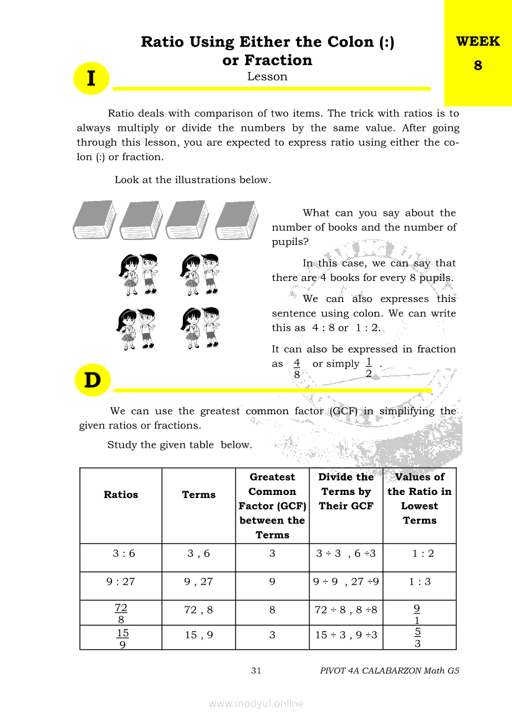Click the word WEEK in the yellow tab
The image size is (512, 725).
point(477,42)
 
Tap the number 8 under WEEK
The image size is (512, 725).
point(478,65)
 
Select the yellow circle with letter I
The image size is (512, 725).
point(92,79)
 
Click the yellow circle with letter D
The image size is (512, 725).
point(92,380)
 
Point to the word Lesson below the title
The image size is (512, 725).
point(267,77)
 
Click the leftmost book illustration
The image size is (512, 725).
point(94,220)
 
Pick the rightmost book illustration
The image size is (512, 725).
point(237,220)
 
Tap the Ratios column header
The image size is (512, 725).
point(121,495)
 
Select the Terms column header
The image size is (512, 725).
point(199,495)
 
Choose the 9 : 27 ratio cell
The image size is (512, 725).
point(121,582)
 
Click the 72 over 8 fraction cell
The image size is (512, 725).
point(121,613)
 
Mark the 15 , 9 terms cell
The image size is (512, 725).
point(199,635)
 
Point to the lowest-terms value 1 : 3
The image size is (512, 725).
point(420,582)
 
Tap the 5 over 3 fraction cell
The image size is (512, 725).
point(418,638)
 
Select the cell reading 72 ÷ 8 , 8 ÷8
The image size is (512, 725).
point(346,610)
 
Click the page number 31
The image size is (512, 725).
point(256,670)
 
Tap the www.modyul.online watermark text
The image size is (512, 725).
point(256,703)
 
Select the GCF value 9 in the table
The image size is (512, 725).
point(272,582)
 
